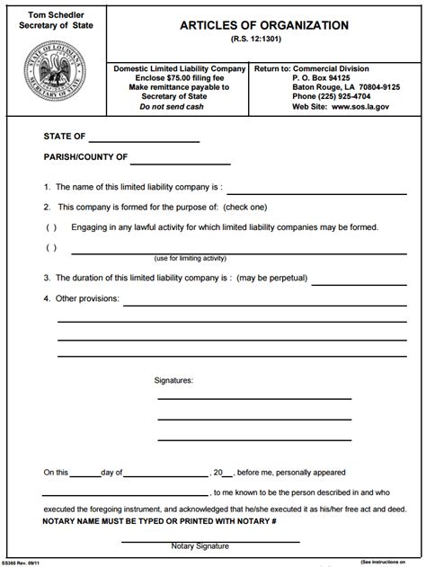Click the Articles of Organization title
[x=264, y=26]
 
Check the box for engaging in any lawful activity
[x=50, y=226]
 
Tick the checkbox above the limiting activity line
[x=50, y=247]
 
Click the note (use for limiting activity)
[x=190, y=259]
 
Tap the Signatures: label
[x=174, y=380]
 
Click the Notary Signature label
[x=200, y=545]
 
